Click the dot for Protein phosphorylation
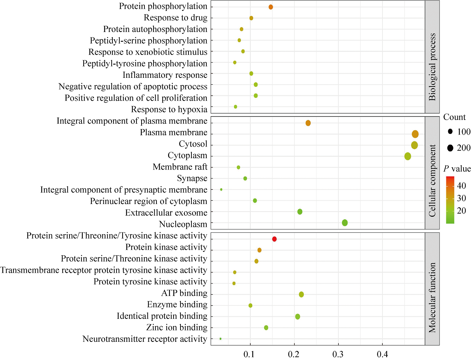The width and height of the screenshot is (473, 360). pos(271,7)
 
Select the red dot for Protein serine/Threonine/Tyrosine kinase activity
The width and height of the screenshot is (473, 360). pos(274,239)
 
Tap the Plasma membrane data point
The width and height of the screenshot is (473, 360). pos(415,134)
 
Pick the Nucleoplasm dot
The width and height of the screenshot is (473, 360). pos(345,223)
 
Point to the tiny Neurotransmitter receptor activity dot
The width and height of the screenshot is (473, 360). pos(220,339)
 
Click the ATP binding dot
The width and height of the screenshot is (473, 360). pos(301,294)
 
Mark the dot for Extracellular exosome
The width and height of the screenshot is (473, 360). pos(300,212)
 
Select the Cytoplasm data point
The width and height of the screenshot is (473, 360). pos(408,156)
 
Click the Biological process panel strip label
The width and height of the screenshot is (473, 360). pos(432,67)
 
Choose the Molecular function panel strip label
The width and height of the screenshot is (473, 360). pos(432,298)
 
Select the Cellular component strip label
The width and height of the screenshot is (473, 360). pos(432,181)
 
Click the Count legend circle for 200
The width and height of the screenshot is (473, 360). pos(450,148)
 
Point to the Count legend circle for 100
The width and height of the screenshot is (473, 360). pos(450,132)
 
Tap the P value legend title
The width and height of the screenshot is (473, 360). pos(457,169)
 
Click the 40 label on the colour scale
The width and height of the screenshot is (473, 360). pos(461,186)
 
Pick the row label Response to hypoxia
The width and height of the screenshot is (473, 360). pos(169,109)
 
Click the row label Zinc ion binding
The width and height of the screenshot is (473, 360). pos(177,328)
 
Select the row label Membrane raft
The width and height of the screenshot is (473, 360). pos(180,167)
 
